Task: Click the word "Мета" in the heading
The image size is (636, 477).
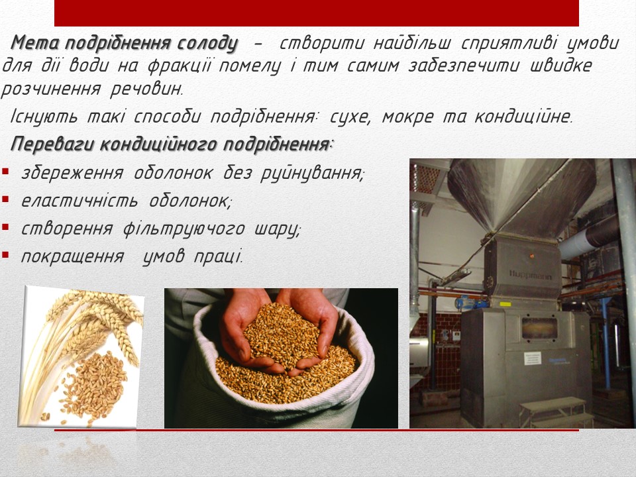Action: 35,43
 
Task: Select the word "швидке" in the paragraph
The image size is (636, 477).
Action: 561,66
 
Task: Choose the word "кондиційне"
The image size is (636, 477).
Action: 523,117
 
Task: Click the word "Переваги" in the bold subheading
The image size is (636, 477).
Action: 53,144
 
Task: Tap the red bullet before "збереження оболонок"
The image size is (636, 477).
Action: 5,171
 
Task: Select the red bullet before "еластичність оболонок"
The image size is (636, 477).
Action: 5,199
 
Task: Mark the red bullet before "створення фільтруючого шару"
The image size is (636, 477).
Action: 5,227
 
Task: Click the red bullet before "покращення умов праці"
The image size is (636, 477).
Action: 5,254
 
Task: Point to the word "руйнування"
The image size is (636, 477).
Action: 312,174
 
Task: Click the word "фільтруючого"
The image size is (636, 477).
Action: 184,229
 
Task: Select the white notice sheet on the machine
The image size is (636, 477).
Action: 533,358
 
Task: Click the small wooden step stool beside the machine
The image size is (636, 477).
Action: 556,412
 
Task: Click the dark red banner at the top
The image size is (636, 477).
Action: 317,13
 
